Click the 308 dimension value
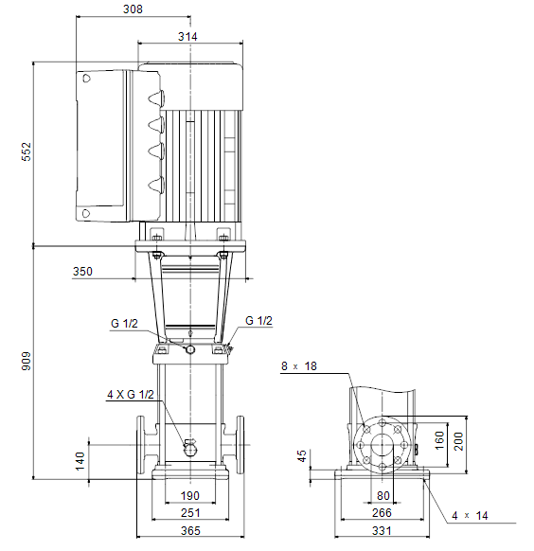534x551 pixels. pos(133,9)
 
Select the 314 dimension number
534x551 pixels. pos(187,36)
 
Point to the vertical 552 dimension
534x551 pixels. pos(27,151)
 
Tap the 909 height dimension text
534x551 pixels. pos(27,361)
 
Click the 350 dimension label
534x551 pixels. pos(82,272)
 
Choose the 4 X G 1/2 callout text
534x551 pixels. pos(131,394)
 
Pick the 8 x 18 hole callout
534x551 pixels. pos(299,366)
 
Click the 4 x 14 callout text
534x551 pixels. pos(470,516)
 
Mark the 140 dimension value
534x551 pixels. pos(80,461)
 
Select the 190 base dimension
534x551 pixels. pos(190,495)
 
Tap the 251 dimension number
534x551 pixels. pos(190,513)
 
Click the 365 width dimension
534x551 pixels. pos(190,530)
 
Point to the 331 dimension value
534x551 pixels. pos(382,530)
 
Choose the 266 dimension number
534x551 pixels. pos(382,513)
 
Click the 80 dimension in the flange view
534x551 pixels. pos(383,495)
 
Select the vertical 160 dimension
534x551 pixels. pos(439,440)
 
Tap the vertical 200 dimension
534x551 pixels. pos(458,441)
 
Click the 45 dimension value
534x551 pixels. pos(302,455)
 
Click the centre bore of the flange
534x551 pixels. pos(382,445)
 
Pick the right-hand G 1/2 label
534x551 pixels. pos(258,321)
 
